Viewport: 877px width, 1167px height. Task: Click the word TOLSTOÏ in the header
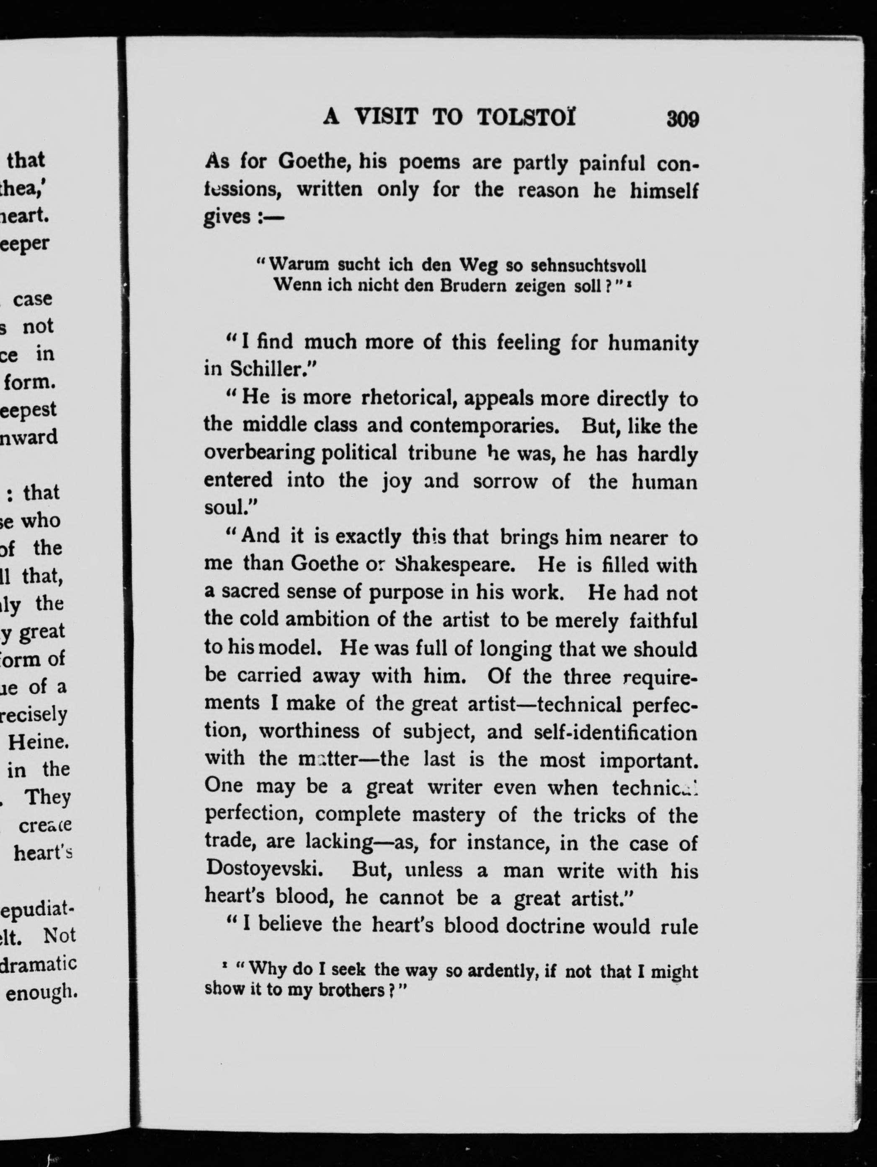(526, 117)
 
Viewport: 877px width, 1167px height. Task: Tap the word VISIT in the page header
(387, 117)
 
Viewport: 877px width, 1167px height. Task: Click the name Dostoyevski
(264, 869)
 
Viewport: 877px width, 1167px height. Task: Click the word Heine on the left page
(38, 742)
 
